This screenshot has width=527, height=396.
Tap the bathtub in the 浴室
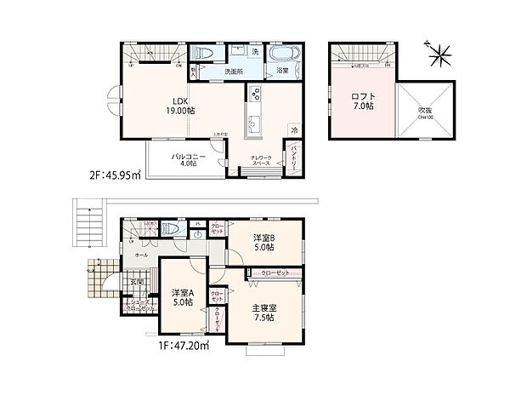pyautogui.click(x=282, y=53)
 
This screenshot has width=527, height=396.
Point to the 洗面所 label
pyautogui.click(x=234, y=72)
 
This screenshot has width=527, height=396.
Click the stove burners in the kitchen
pyautogui.click(x=253, y=95)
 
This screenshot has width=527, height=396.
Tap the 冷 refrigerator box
pyautogui.click(x=294, y=129)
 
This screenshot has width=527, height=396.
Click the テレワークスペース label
pyautogui.click(x=261, y=163)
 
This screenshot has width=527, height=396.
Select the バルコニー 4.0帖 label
pyautogui.click(x=185, y=160)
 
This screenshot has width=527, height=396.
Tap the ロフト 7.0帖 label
pyautogui.click(x=362, y=101)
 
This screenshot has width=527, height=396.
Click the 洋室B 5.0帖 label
pyautogui.click(x=263, y=243)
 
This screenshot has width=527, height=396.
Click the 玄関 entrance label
pyautogui.click(x=136, y=283)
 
